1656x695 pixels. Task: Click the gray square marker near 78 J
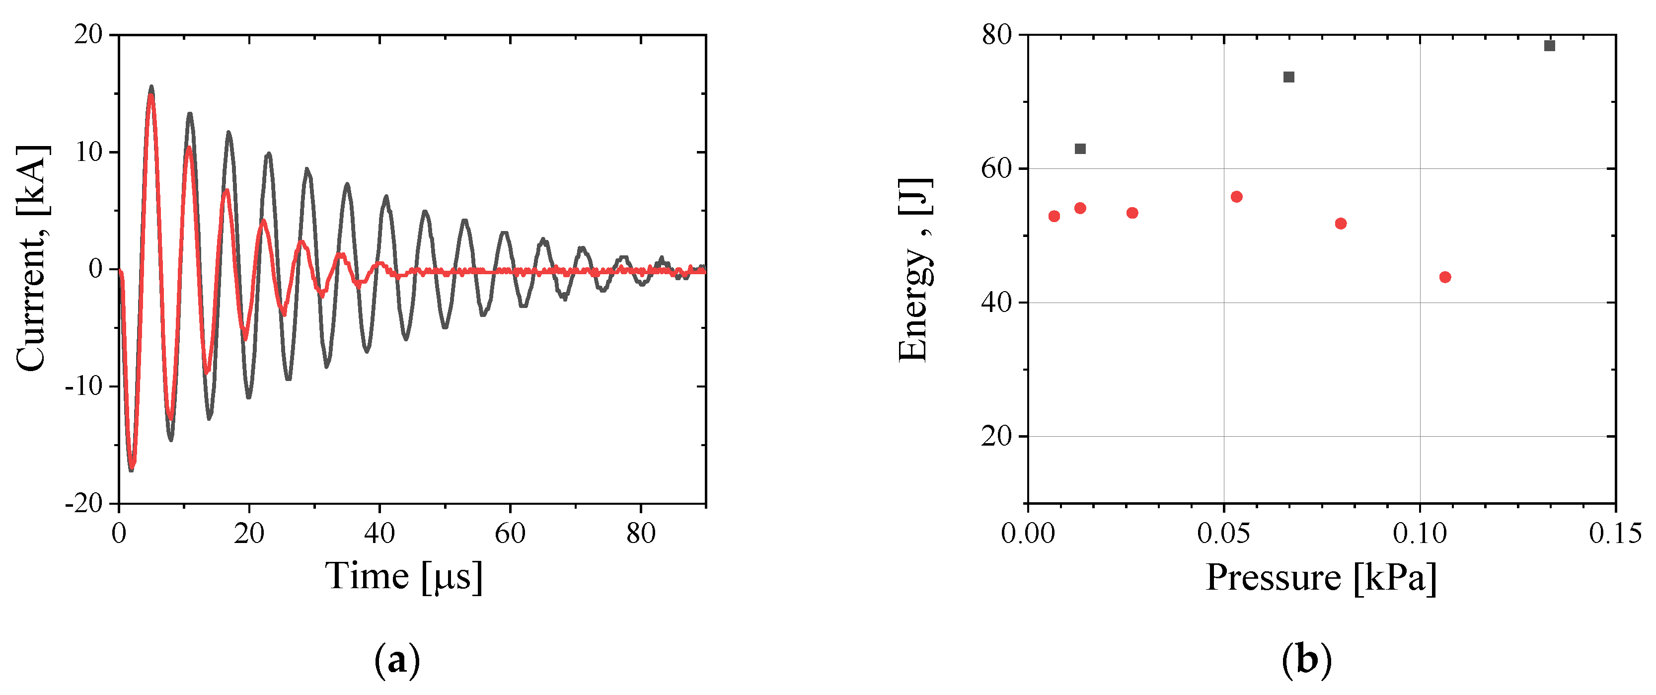tap(1549, 46)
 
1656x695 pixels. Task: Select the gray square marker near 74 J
tap(1288, 77)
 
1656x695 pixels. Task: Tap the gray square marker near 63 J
tap(1080, 149)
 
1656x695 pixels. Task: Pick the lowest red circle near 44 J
tap(1445, 277)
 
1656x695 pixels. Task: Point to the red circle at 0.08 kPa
tap(1341, 224)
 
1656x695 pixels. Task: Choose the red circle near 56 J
tap(1236, 197)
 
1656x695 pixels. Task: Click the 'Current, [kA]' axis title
tap(32, 258)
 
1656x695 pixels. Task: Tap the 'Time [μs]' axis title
tap(404, 576)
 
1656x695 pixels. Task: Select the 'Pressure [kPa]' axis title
tap(1321, 577)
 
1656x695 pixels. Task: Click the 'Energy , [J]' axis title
tap(914, 270)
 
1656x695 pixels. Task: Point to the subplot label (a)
tap(397, 660)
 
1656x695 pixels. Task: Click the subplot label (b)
tap(1306, 660)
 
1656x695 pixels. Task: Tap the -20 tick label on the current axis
tap(84, 503)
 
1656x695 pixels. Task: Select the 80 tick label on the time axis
tap(641, 534)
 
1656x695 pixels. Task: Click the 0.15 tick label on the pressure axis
tap(1615, 534)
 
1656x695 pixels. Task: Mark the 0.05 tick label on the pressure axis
tap(1223, 534)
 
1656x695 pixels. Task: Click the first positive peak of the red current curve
tap(151, 96)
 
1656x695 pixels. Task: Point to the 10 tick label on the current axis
tap(89, 153)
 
